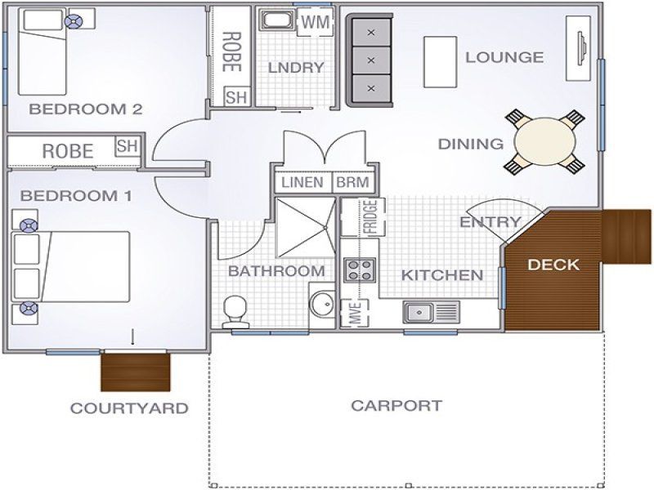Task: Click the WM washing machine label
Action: tap(316, 22)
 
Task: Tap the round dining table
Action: tap(544, 141)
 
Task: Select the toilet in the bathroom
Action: tap(235, 312)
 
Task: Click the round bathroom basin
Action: tap(321, 303)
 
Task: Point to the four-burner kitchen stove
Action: tap(359, 269)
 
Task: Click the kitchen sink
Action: tap(432, 312)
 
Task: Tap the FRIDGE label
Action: tap(370, 217)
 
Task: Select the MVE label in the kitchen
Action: tap(355, 313)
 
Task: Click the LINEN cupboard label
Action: tap(302, 182)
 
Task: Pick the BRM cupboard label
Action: tap(353, 182)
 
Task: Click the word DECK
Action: tap(553, 265)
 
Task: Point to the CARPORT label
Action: tap(396, 405)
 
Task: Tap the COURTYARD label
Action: tap(129, 408)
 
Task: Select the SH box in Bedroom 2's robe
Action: tap(237, 96)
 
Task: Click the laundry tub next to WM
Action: tap(277, 20)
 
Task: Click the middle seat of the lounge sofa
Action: tap(371, 60)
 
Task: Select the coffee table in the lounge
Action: tap(441, 62)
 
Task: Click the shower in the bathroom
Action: tap(306, 228)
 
